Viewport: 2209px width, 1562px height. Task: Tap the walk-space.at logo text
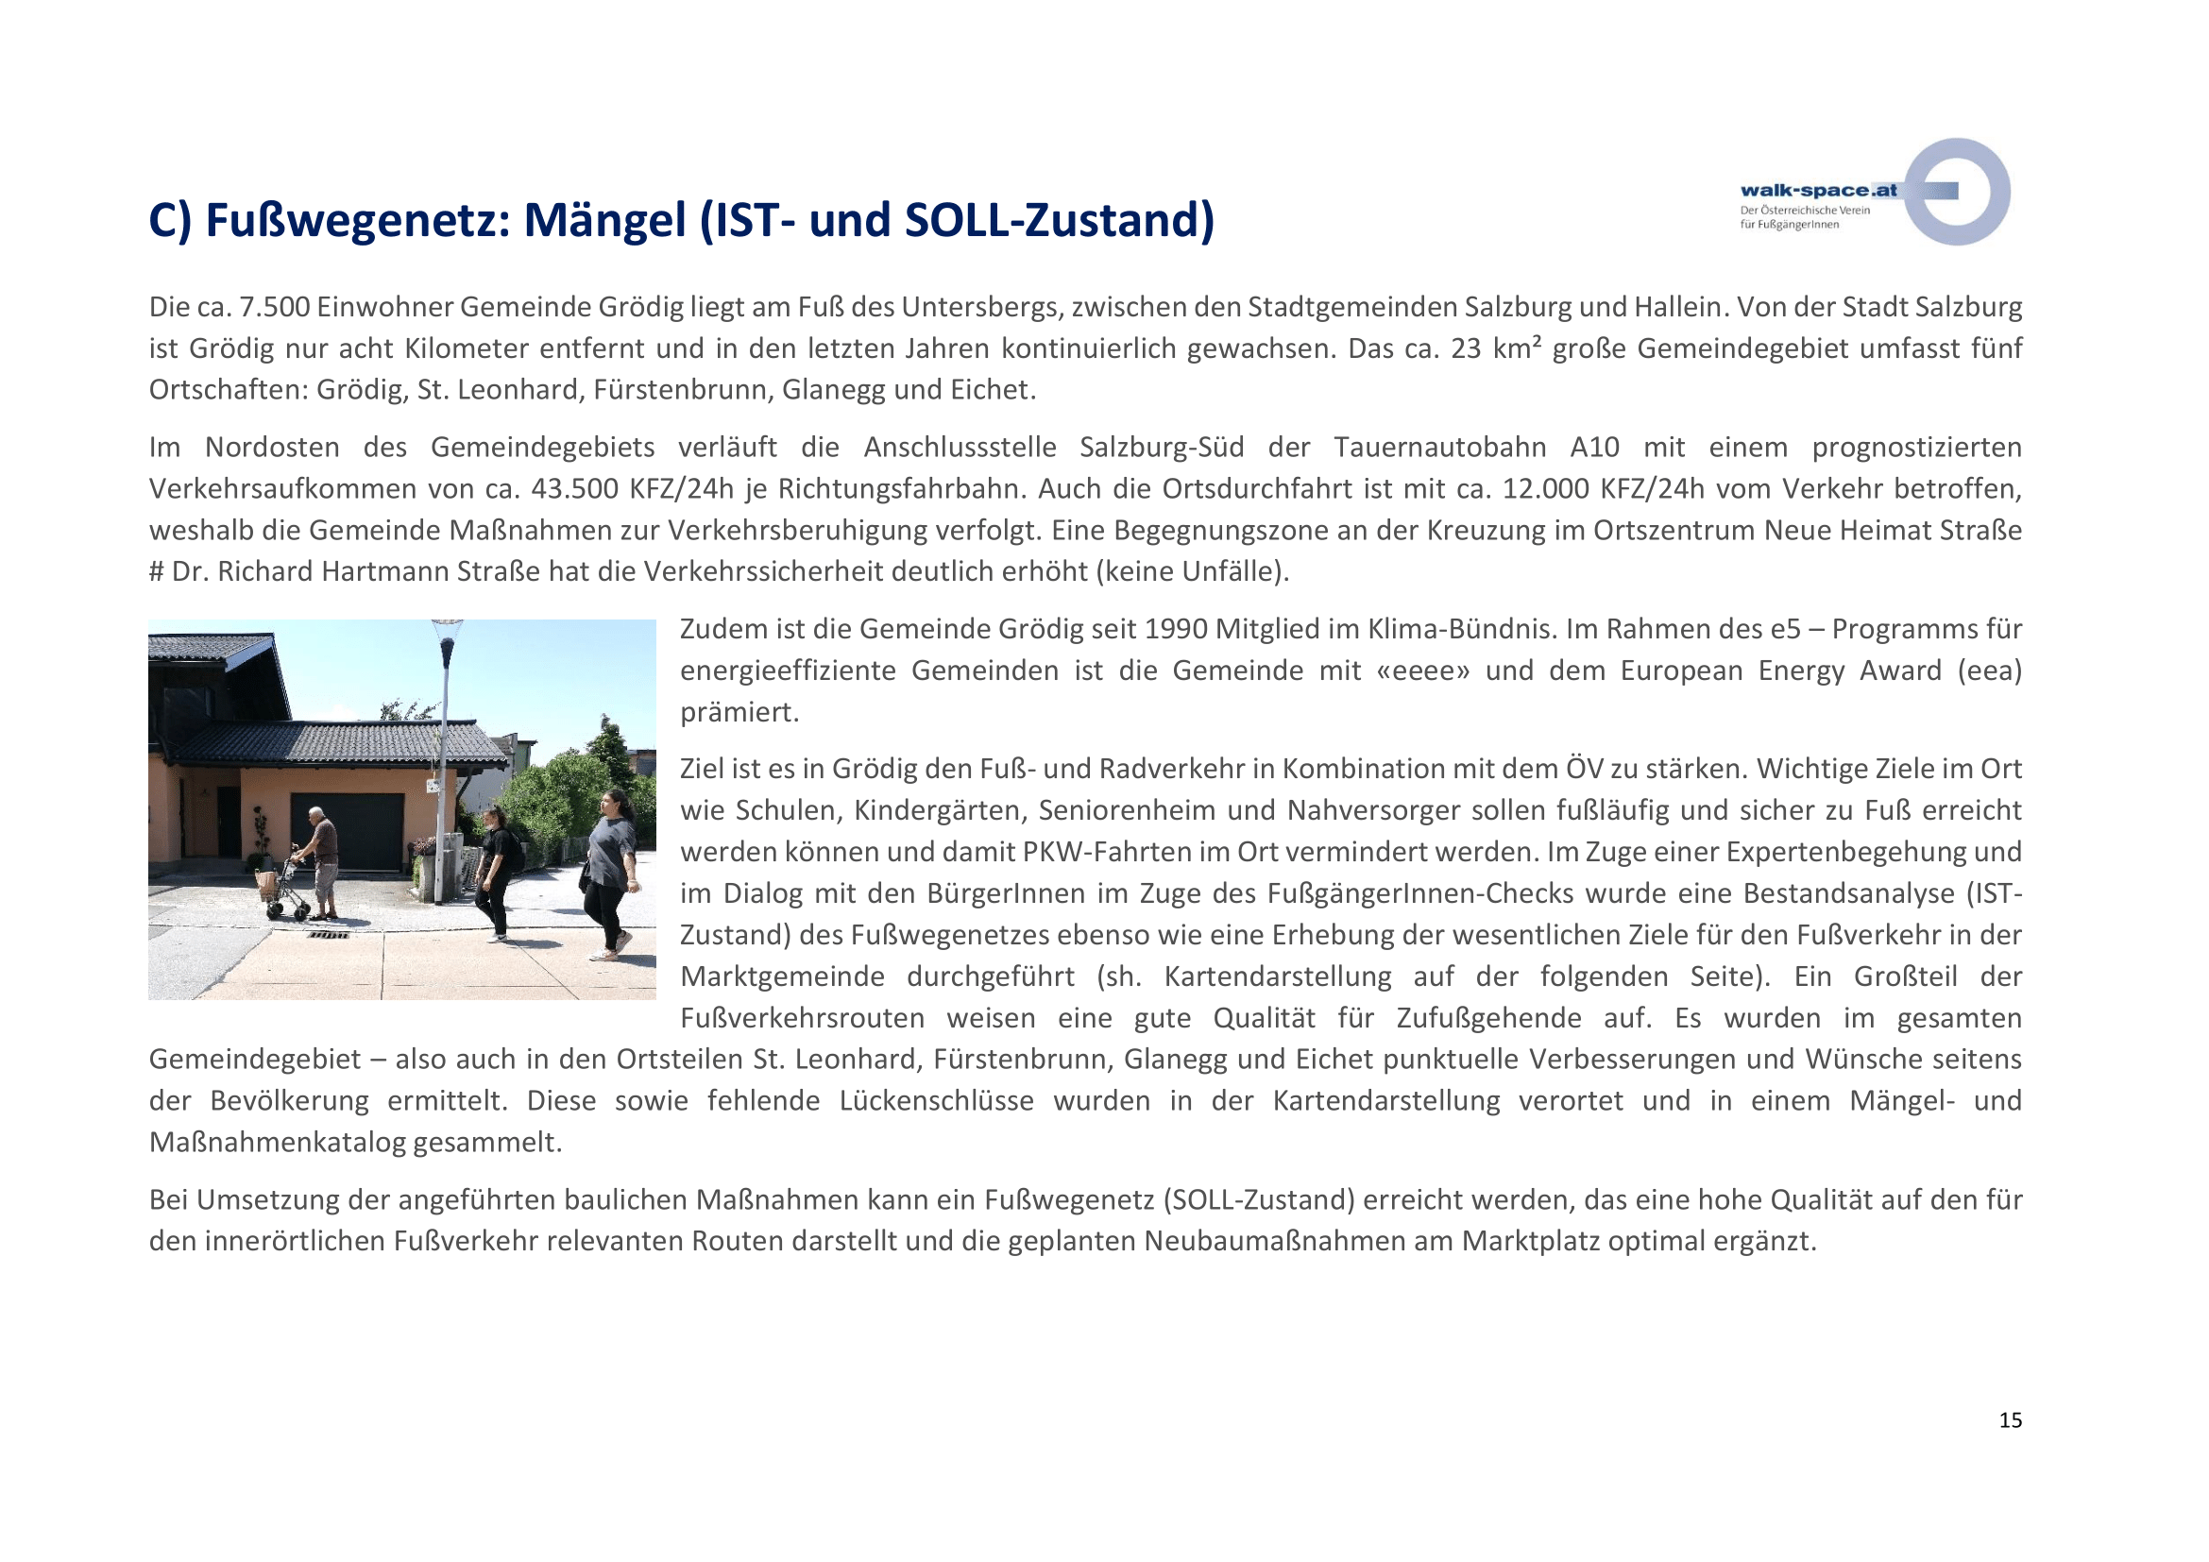(1817, 191)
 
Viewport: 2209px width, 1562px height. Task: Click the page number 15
(2010, 1420)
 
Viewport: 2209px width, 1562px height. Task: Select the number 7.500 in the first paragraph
(274, 307)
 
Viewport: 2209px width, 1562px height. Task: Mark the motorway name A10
(1594, 448)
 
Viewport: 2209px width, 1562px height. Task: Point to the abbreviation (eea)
(1989, 671)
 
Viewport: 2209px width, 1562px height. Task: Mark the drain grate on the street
(329, 934)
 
